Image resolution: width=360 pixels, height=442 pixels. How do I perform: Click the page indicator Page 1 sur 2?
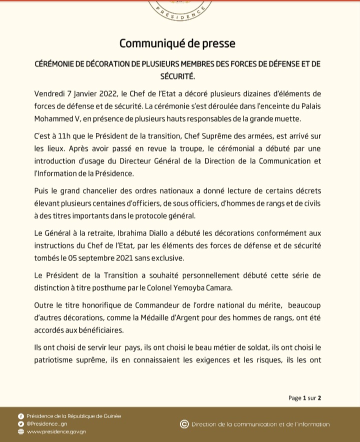(304, 398)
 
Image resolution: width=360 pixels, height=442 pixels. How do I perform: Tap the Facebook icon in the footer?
(20, 416)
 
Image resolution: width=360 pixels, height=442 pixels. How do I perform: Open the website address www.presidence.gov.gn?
(56, 431)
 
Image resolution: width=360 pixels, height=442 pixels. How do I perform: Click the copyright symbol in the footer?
(184, 424)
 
